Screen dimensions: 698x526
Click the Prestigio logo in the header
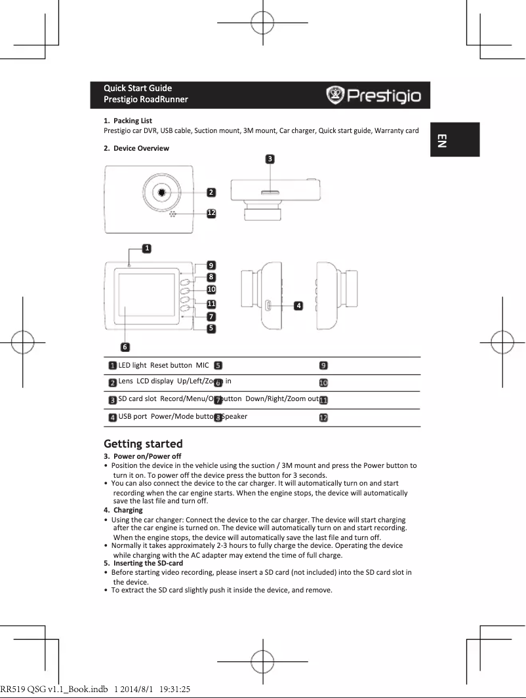tap(374, 96)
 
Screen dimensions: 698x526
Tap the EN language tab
tap(442, 140)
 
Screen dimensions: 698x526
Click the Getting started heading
tap(143, 444)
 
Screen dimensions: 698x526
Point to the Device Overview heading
tap(140, 148)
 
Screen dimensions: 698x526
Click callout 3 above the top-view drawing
tap(270, 159)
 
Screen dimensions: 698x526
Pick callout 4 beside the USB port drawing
tap(298, 305)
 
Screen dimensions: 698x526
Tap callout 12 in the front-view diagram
tap(211, 213)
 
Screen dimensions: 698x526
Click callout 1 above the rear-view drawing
tap(148, 248)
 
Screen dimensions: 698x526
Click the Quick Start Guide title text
tap(138, 88)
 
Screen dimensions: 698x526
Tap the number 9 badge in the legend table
tap(324, 366)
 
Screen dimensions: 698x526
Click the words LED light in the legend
tap(132, 365)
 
